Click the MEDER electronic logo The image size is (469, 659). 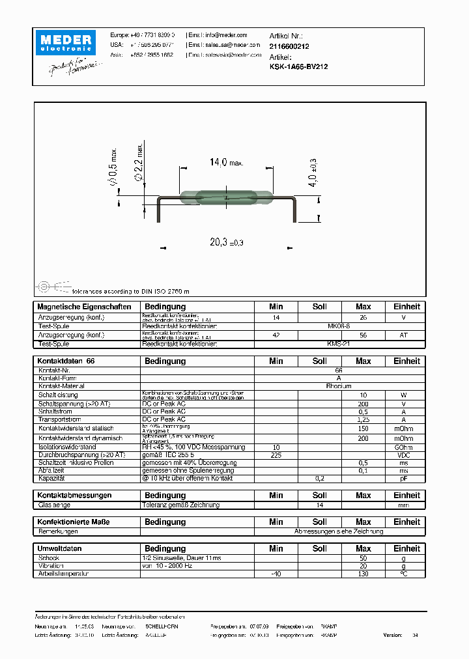[69, 42]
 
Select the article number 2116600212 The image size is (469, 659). [289, 46]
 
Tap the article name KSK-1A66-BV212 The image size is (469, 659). [298, 66]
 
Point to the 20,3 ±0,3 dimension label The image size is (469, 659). [225, 242]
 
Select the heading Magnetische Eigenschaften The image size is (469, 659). [84, 307]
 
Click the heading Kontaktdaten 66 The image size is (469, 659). [66, 361]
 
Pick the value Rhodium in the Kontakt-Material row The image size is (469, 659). [338, 386]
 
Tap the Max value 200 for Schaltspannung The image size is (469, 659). [363, 403]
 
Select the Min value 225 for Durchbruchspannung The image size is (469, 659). [276, 455]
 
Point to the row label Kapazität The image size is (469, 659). [53, 478]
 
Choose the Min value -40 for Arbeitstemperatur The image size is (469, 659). [276, 574]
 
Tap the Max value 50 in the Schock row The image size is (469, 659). [363, 558]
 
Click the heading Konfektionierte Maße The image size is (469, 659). [74, 522]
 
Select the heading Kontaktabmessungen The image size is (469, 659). [74, 496]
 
